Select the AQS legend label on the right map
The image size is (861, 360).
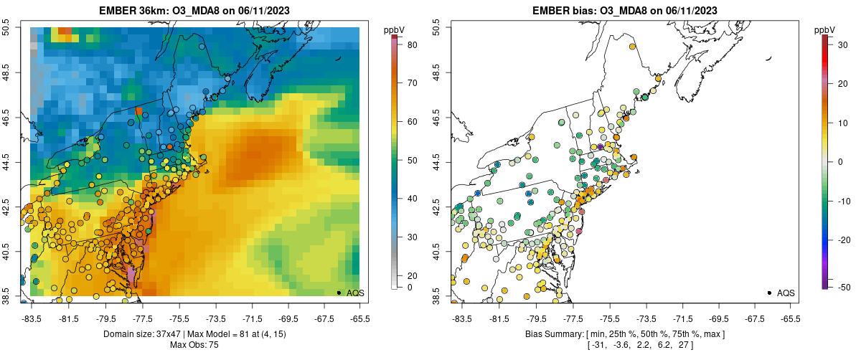pos(786,293)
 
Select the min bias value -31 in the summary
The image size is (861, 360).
pos(597,346)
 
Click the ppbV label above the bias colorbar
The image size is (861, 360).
pos(824,29)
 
